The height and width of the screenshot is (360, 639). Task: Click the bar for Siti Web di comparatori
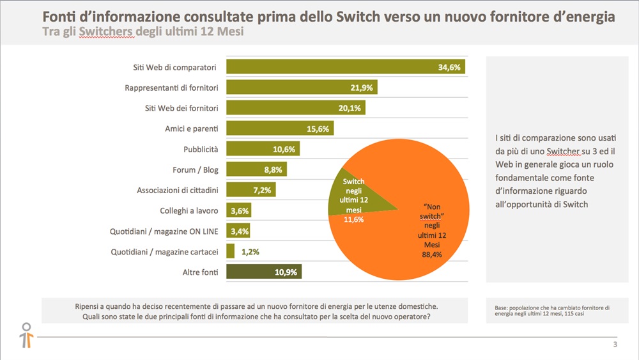click(x=332, y=67)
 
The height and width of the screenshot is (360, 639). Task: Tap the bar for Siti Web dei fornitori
click(x=288, y=108)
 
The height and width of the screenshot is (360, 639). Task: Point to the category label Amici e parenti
click(x=191, y=129)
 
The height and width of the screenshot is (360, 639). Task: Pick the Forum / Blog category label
click(x=196, y=169)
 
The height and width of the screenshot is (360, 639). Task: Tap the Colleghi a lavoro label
click(x=189, y=210)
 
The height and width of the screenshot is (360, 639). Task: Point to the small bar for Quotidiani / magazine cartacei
click(x=230, y=251)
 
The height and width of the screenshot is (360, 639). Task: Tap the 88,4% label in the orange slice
click(x=432, y=254)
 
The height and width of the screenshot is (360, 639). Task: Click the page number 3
click(x=615, y=346)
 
